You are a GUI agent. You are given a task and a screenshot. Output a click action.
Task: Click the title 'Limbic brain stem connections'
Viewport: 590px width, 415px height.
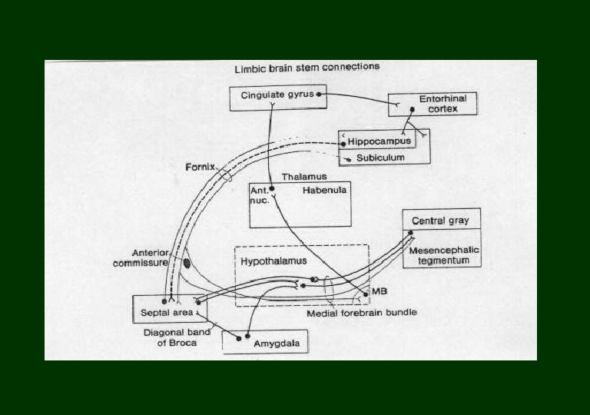(x=307, y=68)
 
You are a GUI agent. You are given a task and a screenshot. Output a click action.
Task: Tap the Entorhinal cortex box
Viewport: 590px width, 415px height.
(x=433, y=104)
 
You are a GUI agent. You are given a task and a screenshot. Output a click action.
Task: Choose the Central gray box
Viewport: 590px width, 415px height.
(x=440, y=221)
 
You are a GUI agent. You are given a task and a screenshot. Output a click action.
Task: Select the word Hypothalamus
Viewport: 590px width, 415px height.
(x=273, y=261)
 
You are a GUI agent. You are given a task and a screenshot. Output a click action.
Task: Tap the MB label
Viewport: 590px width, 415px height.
(x=379, y=293)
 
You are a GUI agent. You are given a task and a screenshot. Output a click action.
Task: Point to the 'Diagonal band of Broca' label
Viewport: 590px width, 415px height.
(x=171, y=338)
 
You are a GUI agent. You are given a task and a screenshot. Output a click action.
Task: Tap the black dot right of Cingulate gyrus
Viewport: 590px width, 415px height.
(x=320, y=94)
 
